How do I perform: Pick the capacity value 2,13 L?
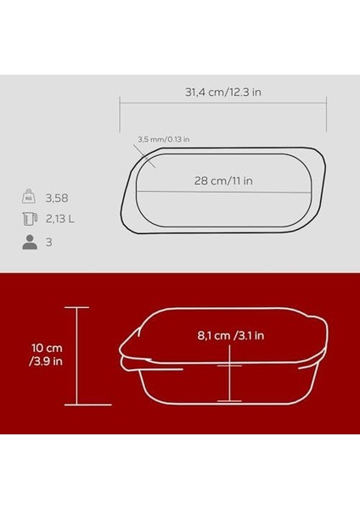pos(61,221)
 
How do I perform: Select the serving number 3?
pos(50,243)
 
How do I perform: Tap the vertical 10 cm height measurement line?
pos(78,356)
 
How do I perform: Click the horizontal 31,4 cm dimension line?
pos(222,102)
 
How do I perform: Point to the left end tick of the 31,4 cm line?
pos(119,102)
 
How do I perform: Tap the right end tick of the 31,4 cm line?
pos(327,102)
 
